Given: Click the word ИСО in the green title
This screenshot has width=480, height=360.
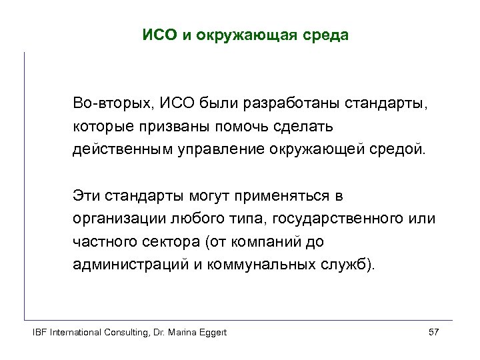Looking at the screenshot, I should coord(157,34).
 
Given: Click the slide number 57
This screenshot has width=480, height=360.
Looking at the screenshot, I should coord(433,332).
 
